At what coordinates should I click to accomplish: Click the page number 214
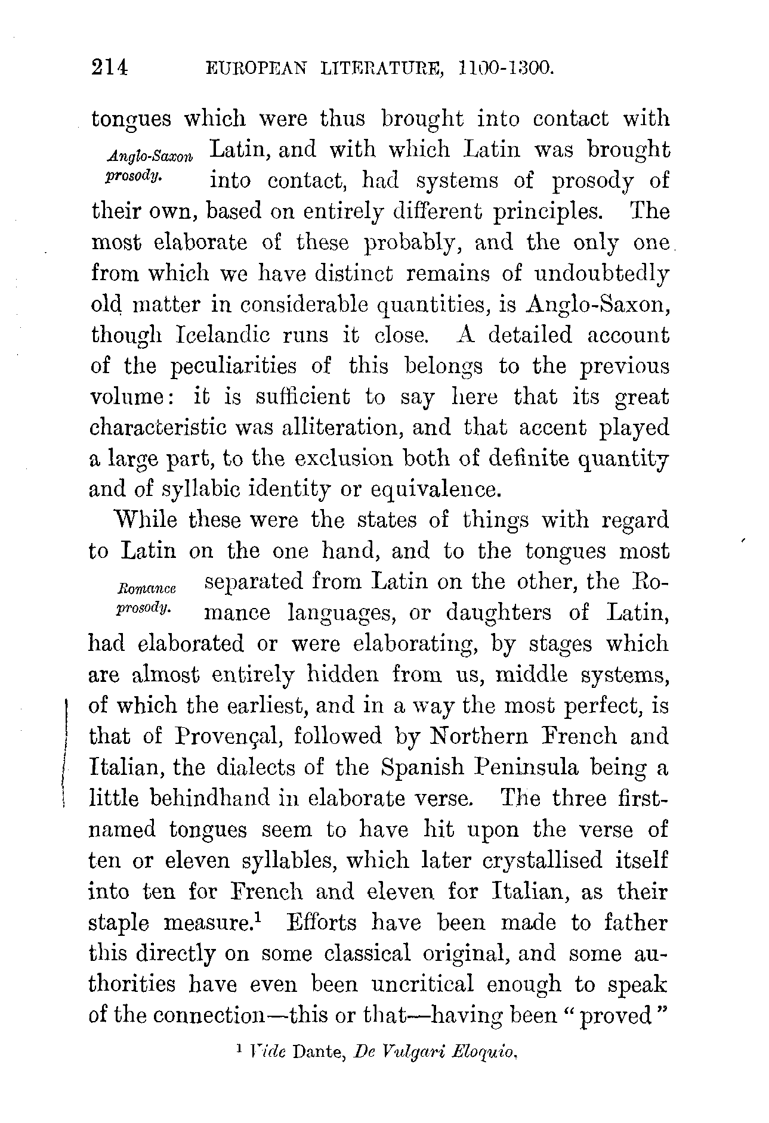pos(110,69)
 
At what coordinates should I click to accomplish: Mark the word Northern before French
pos(480,737)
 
